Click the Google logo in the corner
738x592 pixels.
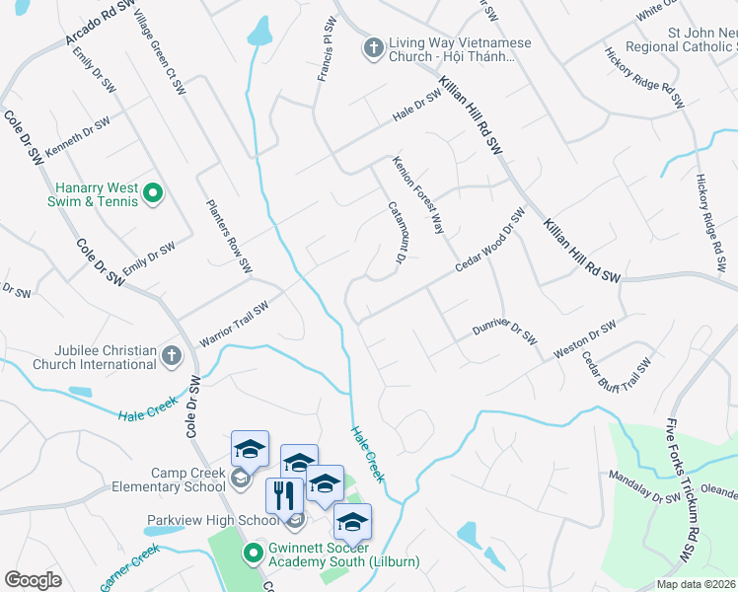[33, 580]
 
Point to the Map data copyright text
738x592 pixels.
[695, 584]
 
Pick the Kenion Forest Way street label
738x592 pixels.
[418, 193]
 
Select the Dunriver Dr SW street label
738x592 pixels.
[503, 330]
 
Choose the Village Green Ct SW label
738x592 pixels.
[161, 54]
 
